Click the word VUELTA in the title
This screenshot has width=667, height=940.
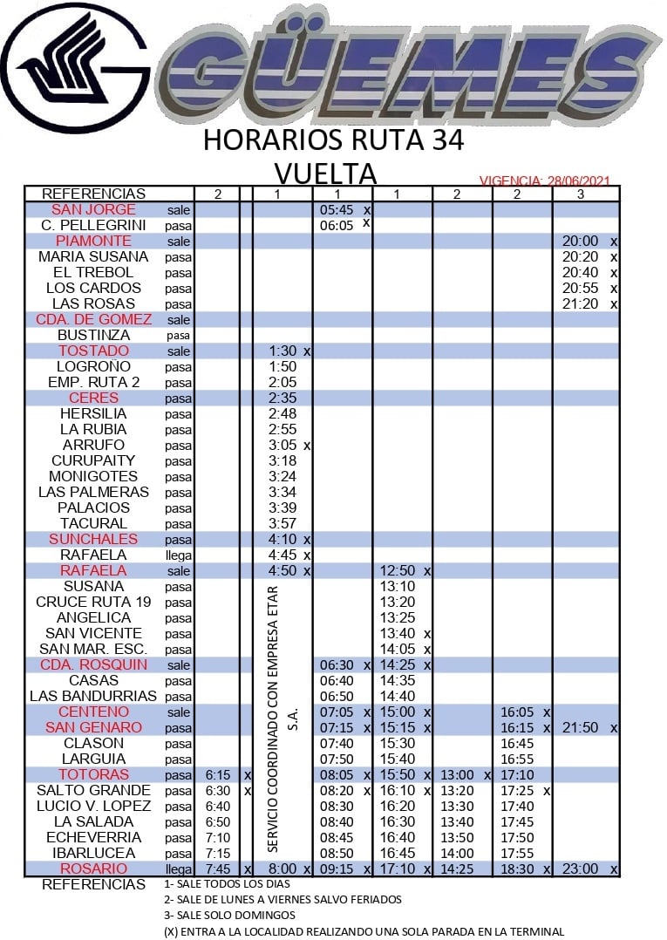click(x=325, y=172)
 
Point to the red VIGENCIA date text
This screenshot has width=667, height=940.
click(x=544, y=181)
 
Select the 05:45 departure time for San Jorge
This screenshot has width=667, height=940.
click(x=336, y=210)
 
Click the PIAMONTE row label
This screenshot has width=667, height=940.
click(x=93, y=242)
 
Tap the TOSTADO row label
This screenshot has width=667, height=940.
click(x=93, y=351)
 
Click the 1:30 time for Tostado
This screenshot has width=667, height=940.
click(x=282, y=351)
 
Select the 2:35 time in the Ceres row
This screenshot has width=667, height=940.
click(x=282, y=398)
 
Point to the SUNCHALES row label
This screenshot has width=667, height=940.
click(x=93, y=540)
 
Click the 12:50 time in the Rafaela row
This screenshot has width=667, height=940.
click(x=397, y=571)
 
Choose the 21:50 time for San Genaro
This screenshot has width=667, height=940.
click(x=581, y=728)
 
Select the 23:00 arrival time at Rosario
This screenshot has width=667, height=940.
click(x=581, y=869)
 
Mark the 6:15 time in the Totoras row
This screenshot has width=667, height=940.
click(x=217, y=775)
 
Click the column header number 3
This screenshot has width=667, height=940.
click(x=582, y=194)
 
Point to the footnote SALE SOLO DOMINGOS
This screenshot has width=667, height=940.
click(x=229, y=916)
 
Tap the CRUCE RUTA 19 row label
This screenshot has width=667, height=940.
click(x=93, y=603)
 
